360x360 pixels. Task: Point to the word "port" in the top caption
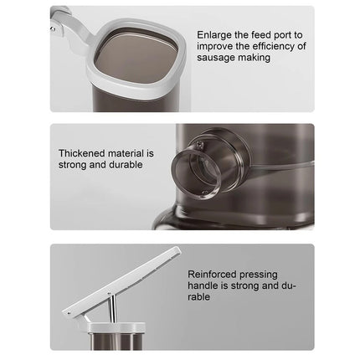283,36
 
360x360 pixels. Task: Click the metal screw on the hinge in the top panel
52,28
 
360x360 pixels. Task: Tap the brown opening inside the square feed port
136,58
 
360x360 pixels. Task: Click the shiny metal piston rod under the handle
112,309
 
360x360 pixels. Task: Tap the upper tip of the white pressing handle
177,249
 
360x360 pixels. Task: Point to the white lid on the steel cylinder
116,327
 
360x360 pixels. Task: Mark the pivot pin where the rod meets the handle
109,294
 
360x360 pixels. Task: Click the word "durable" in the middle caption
126,164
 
